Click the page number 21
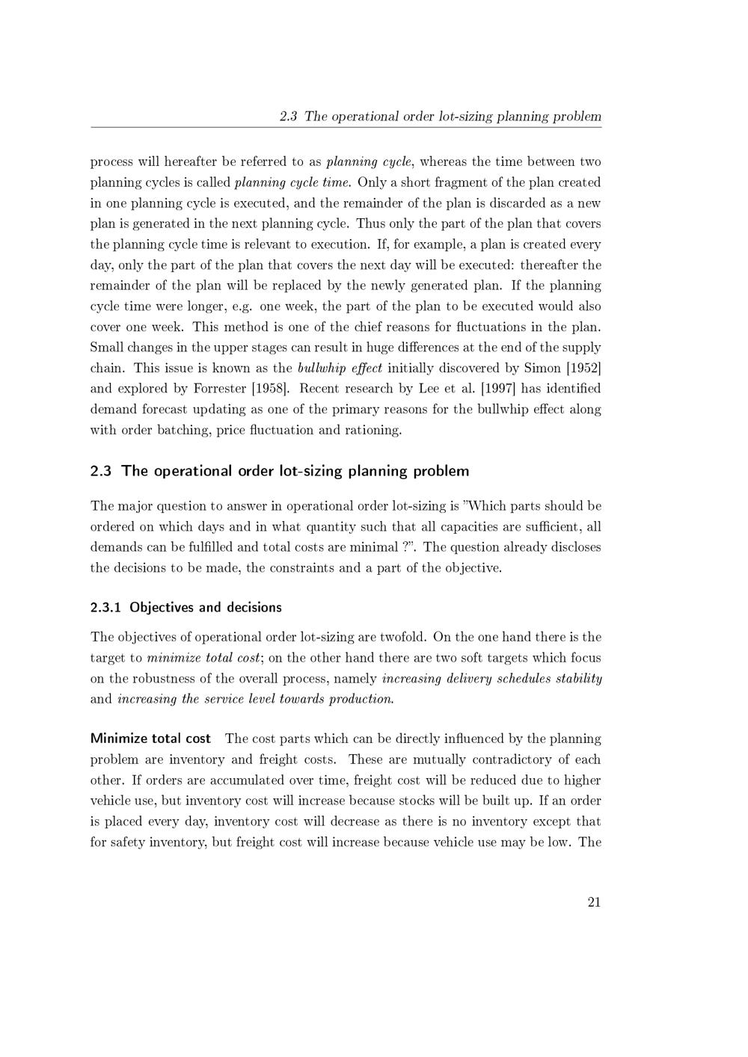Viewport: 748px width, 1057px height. coord(594,902)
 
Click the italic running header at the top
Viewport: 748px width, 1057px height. coord(440,117)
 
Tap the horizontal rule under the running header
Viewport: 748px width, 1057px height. coord(346,127)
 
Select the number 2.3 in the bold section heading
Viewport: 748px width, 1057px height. coord(100,471)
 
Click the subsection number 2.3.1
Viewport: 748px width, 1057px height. coord(105,607)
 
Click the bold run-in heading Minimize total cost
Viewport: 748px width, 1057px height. coord(150,739)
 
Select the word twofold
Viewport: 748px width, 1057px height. coord(402,637)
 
